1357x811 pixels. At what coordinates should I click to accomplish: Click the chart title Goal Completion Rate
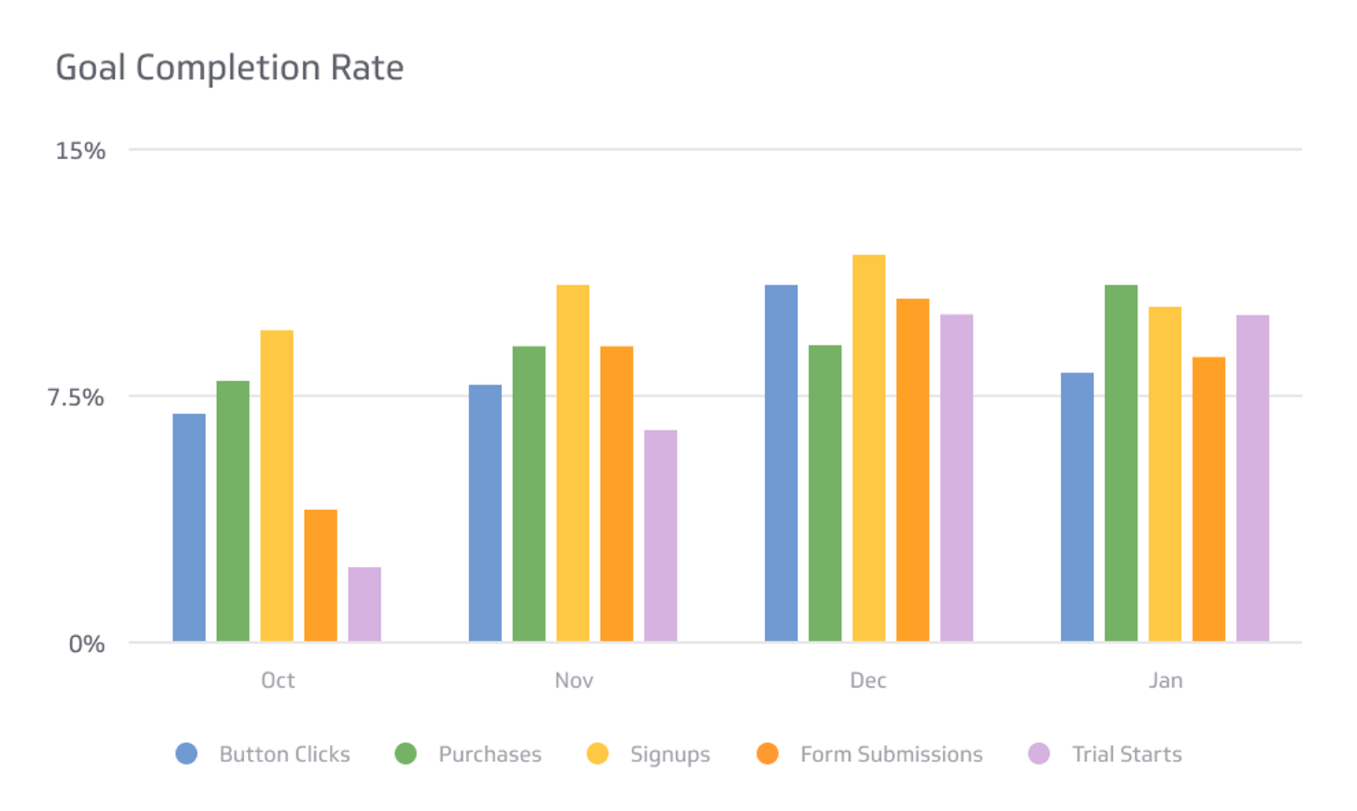(x=229, y=68)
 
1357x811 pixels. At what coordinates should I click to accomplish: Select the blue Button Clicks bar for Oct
(x=189, y=527)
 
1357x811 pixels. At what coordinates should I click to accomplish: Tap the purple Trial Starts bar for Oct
(x=364, y=604)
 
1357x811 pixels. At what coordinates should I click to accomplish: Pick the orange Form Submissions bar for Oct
(x=321, y=575)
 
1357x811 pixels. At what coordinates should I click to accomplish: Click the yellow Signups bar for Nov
(x=573, y=463)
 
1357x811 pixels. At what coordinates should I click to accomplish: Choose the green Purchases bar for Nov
(x=529, y=493)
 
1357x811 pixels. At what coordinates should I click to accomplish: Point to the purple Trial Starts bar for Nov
(x=660, y=535)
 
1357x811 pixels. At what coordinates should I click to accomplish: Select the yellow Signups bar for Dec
(x=869, y=448)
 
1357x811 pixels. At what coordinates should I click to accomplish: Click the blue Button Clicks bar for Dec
(x=781, y=463)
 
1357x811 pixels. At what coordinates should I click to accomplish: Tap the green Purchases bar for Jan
(x=1121, y=463)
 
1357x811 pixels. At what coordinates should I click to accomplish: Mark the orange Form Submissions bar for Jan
(x=1209, y=499)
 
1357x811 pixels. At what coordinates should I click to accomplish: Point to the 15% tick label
(x=80, y=151)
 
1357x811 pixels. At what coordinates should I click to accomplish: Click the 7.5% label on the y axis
(x=76, y=397)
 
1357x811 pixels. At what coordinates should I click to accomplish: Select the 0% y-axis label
(x=86, y=644)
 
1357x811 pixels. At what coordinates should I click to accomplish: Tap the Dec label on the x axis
(x=868, y=680)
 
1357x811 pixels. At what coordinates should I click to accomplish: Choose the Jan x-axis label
(x=1165, y=680)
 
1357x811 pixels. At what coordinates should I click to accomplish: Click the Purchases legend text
(x=490, y=754)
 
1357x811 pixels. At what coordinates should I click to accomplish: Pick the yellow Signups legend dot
(x=597, y=753)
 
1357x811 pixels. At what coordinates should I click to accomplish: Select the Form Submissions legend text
(x=891, y=754)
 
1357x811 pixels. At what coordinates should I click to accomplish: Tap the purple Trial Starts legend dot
(x=1039, y=753)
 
